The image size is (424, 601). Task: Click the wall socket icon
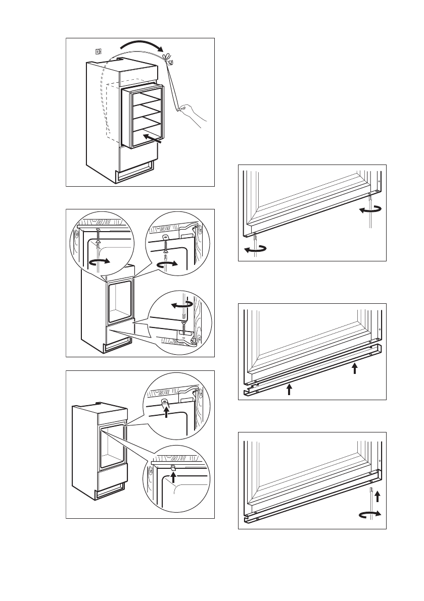(x=99, y=51)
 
